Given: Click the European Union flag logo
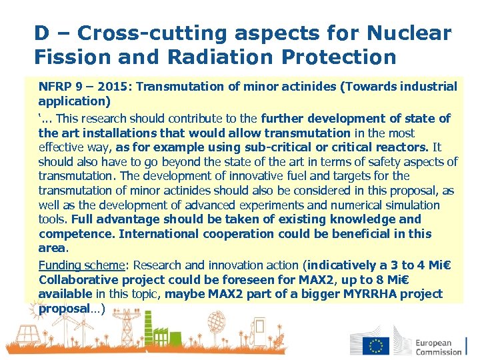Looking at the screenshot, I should [376, 346].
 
